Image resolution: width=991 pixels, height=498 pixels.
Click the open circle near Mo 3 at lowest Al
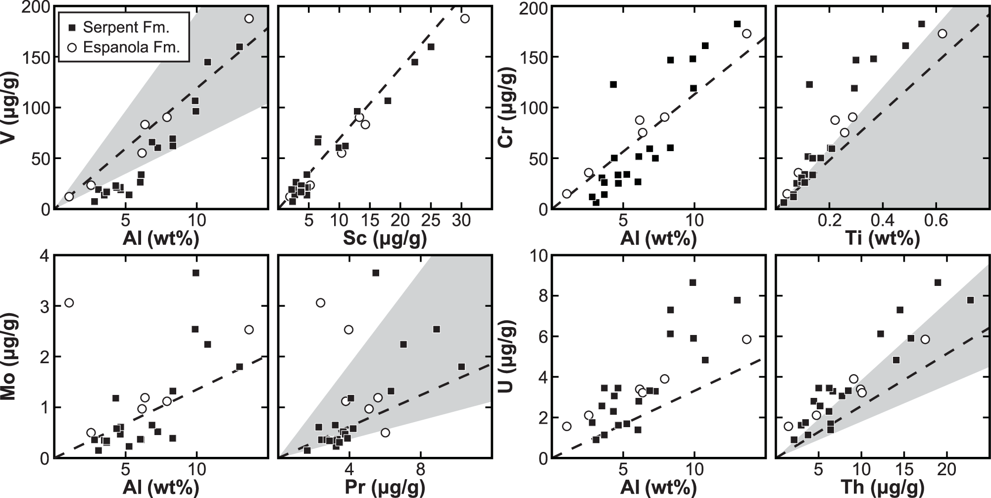(69, 303)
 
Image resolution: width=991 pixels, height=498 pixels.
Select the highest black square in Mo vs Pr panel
(376, 273)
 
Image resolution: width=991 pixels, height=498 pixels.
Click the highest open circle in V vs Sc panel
(465, 19)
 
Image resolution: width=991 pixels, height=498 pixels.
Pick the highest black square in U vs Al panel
(693, 282)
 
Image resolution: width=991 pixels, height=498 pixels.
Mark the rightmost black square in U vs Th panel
(971, 300)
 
